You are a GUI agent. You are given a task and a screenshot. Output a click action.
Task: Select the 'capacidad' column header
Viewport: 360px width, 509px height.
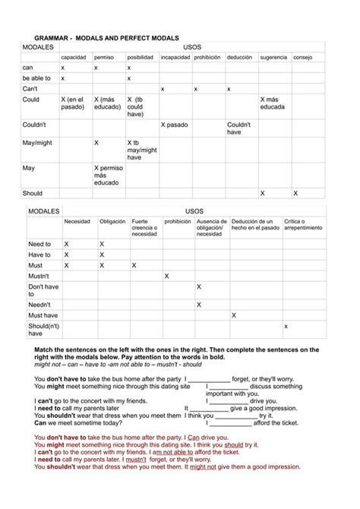tap(74, 57)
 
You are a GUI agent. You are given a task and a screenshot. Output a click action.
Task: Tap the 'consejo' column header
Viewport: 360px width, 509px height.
tap(302, 57)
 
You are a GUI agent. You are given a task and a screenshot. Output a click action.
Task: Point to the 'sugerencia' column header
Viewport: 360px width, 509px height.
tap(273, 57)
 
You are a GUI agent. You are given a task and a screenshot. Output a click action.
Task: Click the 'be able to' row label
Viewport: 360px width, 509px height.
tap(36, 78)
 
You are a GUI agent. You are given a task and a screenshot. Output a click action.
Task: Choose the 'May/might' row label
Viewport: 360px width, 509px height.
tap(39, 142)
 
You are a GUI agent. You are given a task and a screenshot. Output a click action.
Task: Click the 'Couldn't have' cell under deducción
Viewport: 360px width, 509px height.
tap(239, 128)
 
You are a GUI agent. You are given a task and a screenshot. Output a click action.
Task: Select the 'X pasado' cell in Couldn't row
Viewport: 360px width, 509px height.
tap(174, 124)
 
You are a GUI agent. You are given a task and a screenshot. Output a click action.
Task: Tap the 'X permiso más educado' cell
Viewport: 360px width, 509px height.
tap(107, 175)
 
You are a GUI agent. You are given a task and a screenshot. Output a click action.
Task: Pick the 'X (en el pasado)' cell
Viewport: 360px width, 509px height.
tap(72, 103)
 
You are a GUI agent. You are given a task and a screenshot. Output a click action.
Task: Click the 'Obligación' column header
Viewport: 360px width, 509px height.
tap(112, 222)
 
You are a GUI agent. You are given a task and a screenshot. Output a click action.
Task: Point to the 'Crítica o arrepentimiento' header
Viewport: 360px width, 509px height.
tap(302, 225)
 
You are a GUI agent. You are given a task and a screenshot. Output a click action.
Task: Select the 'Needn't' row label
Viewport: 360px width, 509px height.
tap(39, 305)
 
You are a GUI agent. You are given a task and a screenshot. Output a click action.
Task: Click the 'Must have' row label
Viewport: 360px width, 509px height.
tap(43, 315)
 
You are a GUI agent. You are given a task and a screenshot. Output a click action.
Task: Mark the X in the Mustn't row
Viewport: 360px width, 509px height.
tap(166, 276)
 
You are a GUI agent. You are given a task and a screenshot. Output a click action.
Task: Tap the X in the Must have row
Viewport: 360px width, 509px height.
tap(233, 315)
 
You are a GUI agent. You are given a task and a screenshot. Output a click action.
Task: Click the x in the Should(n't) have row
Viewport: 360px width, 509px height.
tap(286, 326)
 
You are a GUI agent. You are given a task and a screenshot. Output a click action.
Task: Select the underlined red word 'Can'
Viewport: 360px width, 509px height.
tap(193, 438)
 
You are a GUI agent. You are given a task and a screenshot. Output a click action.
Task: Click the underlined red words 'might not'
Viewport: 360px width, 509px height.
tap(203, 467)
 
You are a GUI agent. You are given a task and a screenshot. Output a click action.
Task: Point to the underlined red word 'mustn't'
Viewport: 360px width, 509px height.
tap(136, 460)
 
